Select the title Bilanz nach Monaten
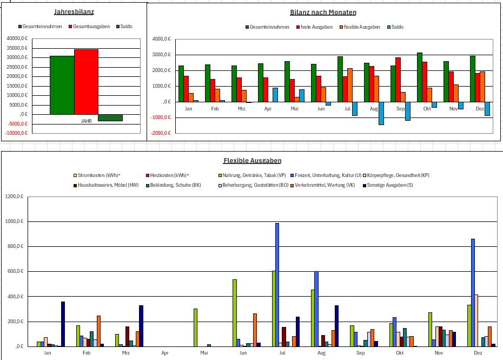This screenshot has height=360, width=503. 323,12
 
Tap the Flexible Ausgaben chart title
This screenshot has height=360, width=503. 252,161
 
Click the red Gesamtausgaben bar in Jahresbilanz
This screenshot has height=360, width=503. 87,81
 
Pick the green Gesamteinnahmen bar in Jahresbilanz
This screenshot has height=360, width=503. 62,85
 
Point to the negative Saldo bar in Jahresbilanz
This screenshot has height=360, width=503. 110,117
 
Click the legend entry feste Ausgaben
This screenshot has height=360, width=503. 316,27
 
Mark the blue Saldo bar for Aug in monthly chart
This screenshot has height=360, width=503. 381,113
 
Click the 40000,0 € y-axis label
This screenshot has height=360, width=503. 17,38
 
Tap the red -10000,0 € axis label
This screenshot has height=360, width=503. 16,133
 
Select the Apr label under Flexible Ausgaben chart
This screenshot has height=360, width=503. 165,353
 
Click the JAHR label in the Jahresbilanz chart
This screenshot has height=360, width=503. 86,121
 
